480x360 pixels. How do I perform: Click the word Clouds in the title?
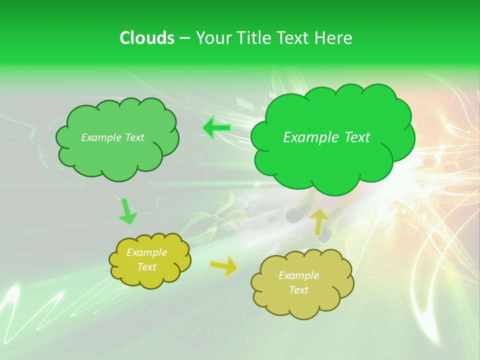[x=147, y=38]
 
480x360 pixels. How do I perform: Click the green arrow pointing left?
[x=216, y=128]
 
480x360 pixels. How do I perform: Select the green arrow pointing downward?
[x=127, y=211]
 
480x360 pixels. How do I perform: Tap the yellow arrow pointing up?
[x=319, y=221]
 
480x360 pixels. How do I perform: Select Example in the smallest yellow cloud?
[x=146, y=252]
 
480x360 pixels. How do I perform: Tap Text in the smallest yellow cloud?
[x=146, y=267]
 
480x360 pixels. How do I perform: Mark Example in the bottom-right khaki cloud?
[x=298, y=275]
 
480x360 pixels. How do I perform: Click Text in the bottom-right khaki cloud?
[x=298, y=290]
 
